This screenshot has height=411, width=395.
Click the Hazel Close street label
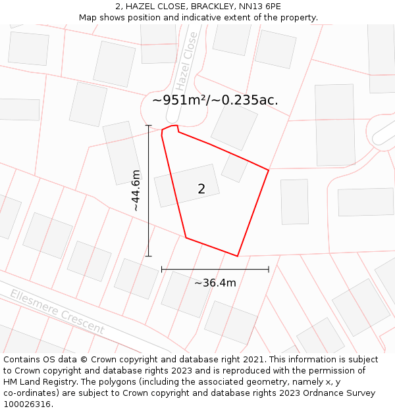pyautogui.click(x=186, y=61)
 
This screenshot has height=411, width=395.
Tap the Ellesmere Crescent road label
pyautogui.click(x=57, y=312)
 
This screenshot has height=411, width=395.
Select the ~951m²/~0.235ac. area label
pyautogui.click(x=215, y=100)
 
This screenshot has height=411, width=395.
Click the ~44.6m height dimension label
pyautogui.click(x=136, y=191)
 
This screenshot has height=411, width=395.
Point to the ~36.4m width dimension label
pyautogui.click(x=215, y=283)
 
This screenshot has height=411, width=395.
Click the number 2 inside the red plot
pyautogui.click(x=201, y=189)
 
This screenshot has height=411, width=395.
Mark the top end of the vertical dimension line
pyautogui.click(x=149, y=126)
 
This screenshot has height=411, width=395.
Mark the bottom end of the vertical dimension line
pyautogui.click(x=149, y=256)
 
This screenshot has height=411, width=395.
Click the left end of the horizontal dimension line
pyautogui.click(x=162, y=269)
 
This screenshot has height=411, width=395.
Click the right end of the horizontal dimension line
pyautogui.click(x=269, y=269)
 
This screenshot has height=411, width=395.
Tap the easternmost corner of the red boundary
pyautogui.click(x=269, y=170)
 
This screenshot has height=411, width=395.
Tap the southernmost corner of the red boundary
pyautogui.click(x=237, y=256)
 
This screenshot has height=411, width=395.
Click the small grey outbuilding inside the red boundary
pyautogui.click(x=234, y=168)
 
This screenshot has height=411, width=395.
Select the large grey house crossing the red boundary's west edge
pyautogui.click(x=186, y=185)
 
